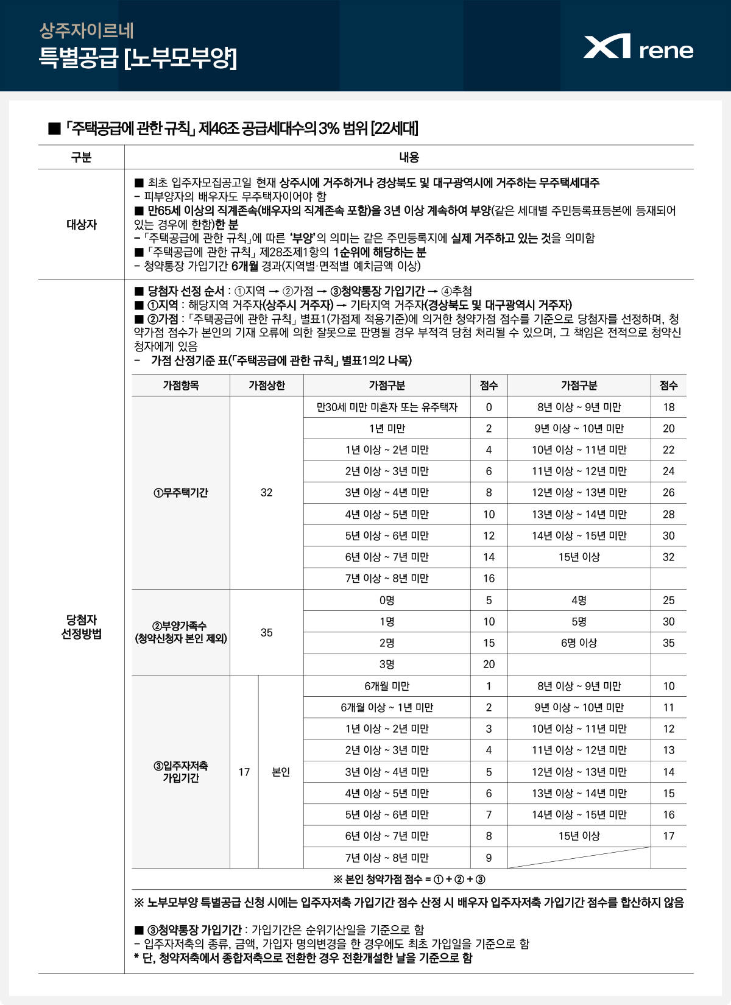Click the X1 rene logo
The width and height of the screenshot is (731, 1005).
tap(638, 47)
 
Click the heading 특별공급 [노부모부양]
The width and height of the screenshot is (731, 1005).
tap(138, 58)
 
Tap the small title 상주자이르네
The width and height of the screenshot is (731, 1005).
tap(87, 30)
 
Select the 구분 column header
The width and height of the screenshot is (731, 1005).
tap(81, 157)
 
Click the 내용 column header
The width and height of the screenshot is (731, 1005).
tap(409, 157)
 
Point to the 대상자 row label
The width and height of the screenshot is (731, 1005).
tap(81, 224)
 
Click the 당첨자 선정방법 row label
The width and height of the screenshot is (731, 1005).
tap(81, 627)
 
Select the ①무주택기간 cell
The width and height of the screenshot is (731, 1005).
tap(180, 493)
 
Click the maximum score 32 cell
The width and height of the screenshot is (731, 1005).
tap(266, 493)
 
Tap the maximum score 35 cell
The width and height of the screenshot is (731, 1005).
tap(266, 632)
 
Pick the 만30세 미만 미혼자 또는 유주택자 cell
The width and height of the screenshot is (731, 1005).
tap(387, 407)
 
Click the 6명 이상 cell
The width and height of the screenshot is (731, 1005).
tap(579, 643)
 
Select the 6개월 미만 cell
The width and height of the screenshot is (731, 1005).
tap(387, 686)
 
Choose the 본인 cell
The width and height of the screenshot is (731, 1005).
tap(281, 772)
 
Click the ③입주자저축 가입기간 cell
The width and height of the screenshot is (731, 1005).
tap(180, 772)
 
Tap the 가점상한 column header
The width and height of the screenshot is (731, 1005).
tap(266, 386)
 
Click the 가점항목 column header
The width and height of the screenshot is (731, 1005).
tap(180, 386)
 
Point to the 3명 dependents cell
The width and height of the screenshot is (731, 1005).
tap(387, 664)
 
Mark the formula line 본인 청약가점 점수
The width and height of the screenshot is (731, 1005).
tap(409, 879)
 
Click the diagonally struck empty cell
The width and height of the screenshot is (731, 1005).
tap(579, 858)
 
